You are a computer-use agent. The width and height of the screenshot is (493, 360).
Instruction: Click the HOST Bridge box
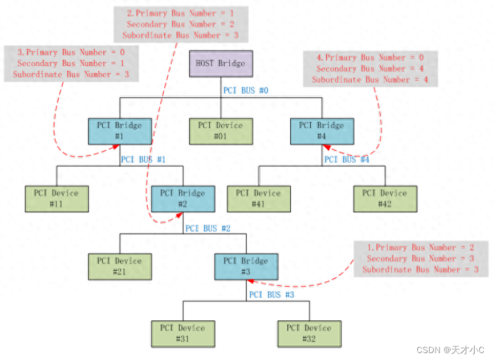(x=221, y=64)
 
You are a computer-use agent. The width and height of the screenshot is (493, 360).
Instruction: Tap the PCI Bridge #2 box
(x=183, y=198)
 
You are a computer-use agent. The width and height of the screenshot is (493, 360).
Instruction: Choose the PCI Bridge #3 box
(x=246, y=266)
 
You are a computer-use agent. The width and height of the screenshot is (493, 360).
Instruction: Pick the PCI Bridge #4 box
(x=322, y=131)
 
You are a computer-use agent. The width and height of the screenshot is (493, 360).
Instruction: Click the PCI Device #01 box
(x=221, y=131)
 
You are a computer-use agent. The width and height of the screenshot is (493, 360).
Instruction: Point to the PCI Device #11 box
(x=56, y=198)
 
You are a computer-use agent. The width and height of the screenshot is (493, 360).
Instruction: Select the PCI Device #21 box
(x=120, y=266)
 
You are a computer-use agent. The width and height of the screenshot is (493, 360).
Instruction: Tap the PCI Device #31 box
(x=183, y=334)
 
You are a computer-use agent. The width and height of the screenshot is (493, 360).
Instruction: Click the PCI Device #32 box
(x=309, y=334)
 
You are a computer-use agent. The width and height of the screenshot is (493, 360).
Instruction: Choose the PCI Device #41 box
(x=259, y=198)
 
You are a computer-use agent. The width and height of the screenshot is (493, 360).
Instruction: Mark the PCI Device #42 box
(x=385, y=198)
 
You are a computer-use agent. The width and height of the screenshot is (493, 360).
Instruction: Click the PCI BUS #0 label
(x=245, y=91)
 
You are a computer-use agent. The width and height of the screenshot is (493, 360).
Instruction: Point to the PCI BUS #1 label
(x=143, y=159)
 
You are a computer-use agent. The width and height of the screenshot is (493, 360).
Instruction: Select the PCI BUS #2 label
(x=207, y=228)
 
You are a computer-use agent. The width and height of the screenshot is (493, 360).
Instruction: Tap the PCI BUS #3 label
(x=271, y=295)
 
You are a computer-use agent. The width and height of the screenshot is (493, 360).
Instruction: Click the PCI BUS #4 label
(x=346, y=159)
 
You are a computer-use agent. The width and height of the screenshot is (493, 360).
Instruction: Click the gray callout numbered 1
(x=421, y=259)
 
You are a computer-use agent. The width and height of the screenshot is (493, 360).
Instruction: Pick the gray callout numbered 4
(x=370, y=68)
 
